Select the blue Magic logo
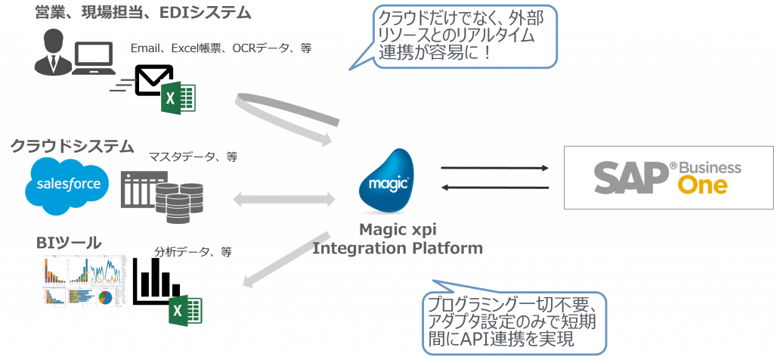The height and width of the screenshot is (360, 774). [x=389, y=182]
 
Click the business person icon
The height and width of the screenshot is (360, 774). [x=50, y=53]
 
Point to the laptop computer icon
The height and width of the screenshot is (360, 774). [x=94, y=61]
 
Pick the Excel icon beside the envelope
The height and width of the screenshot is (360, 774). [x=178, y=99]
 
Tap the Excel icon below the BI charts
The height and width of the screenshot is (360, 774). [x=185, y=311]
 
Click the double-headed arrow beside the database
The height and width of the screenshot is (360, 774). [x=283, y=200]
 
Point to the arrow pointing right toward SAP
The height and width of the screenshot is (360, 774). [x=495, y=167]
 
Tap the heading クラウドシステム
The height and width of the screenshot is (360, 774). [x=72, y=145]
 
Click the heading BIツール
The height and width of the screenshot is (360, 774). [x=69, y=244]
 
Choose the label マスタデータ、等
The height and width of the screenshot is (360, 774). [x=193, y=157]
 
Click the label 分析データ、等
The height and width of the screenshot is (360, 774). [x=193, y=253]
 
